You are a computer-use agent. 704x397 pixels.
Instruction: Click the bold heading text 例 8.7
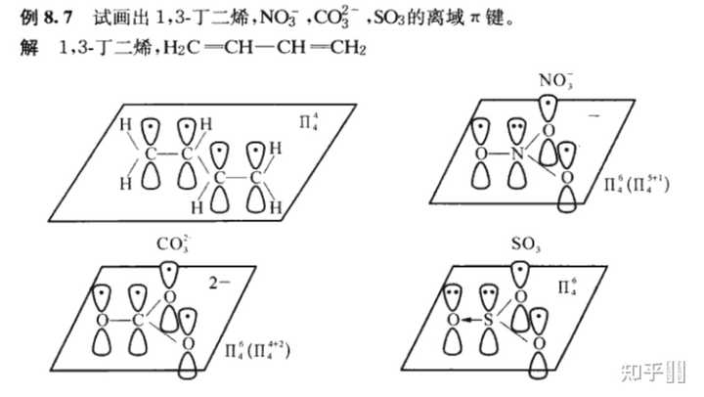(46, 18)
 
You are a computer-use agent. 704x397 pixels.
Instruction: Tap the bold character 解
(29, 47)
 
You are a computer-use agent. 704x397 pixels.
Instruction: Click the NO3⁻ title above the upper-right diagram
(556, 81)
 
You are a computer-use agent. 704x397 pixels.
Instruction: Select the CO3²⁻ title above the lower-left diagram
(173, 244)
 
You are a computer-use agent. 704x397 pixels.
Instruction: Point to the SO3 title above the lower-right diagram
(526, 244)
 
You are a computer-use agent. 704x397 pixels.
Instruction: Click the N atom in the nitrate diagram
(517, 154)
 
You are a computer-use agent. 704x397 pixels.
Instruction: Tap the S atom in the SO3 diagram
(489, 320)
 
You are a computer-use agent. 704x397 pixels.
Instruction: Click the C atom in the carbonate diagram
(138, 320)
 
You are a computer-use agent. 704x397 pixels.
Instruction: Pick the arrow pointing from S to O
(471, 320)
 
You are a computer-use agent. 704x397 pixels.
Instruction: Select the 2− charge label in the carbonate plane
(219, 283)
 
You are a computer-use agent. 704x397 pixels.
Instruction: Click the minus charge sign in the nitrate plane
(594, 115)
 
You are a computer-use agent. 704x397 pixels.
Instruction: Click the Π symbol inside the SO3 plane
(567, 287)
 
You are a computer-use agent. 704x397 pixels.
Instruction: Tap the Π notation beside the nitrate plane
(637, 184)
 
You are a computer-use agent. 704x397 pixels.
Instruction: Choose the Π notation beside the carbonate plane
(257, 350)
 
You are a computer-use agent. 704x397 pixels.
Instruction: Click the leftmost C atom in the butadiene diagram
(151, 154)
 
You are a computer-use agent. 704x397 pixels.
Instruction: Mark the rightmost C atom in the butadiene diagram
(255, 178)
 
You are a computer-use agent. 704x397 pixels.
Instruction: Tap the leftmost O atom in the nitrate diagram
(481, 154)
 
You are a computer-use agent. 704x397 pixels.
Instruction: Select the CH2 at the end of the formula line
(348, 48)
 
